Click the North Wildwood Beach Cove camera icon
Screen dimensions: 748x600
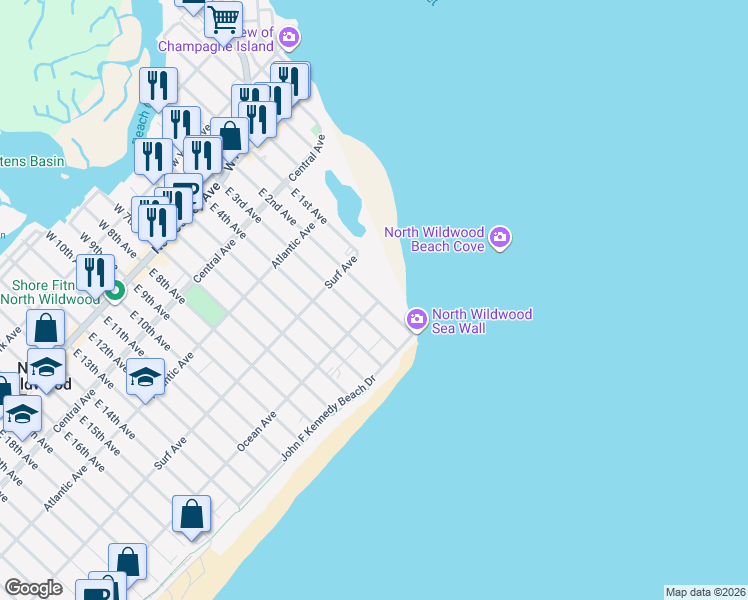(x=500, y=238)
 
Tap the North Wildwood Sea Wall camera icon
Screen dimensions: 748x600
(x=417, y=319)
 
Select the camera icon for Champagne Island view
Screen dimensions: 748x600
(x=289, y=39)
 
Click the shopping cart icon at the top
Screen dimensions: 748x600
(x=223, y=17)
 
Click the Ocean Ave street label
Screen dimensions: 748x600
(x=256, y=430)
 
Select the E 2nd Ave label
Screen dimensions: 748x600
(x=277, y=205)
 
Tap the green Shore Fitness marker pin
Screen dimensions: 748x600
(x=115, y=291)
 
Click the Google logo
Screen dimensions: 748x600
(x=33, y=588)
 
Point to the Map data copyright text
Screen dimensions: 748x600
(x=705, y=591)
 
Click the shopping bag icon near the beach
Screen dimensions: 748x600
(x=191, y=514)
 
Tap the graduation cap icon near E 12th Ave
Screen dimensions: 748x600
(x=145, y=377)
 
